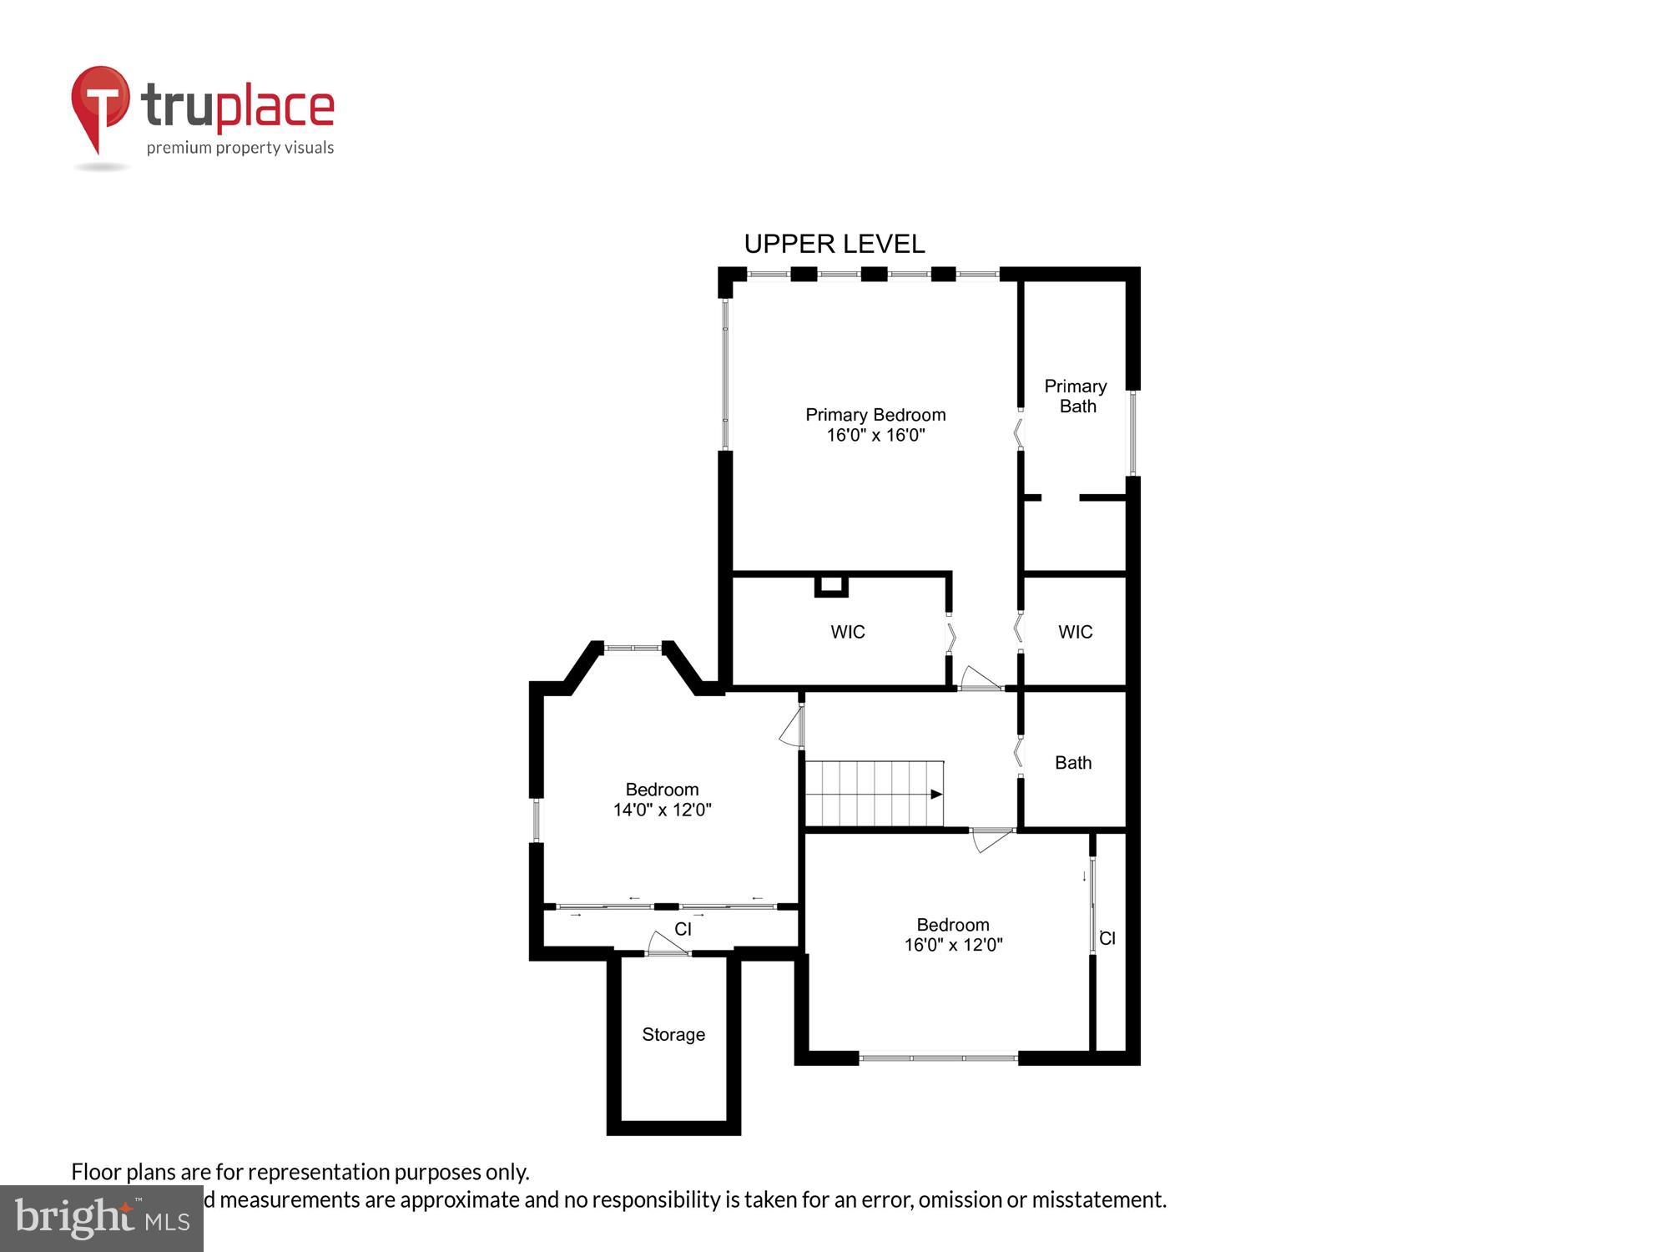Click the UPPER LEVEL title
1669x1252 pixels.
coord(834,244)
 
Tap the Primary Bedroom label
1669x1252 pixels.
coord(875,415)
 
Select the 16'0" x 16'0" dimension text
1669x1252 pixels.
coord(875,435)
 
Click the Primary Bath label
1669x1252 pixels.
coord(1077,396)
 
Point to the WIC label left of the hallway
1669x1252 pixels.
coord(847,632)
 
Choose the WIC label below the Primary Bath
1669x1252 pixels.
coord(1075,632)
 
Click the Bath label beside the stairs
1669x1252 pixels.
coord(1072,762)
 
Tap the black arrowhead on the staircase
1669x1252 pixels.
coord(936,794)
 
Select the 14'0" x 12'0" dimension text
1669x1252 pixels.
coord(662,810)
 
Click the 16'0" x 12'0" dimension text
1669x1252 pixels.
coord(953,945)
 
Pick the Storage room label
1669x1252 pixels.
coord(673,1034)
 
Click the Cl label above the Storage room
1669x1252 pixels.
coord(683,929)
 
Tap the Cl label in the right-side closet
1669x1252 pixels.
coord(1107,938)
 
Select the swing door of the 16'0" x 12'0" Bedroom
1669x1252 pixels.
coord(992,839)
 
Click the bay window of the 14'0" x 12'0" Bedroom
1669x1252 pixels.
coord(633,647)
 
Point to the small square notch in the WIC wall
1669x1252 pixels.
coord(831,586)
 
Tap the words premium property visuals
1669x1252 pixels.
coord(240,148)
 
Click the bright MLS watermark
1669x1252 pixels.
coord(102,1218)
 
